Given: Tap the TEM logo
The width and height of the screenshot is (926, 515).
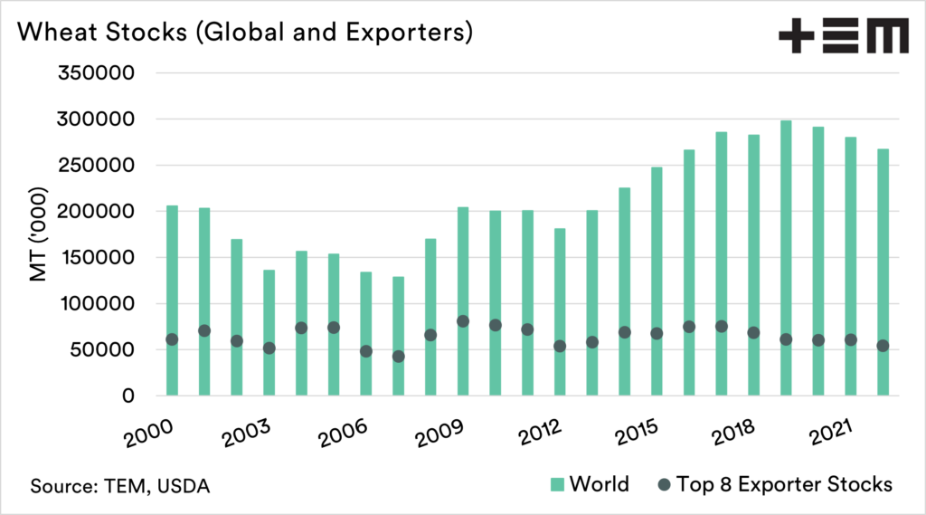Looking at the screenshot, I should click(843, 37).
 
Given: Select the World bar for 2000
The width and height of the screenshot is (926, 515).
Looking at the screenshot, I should click(172, 300).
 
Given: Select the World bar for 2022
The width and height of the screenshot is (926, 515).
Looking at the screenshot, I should click(883, 272).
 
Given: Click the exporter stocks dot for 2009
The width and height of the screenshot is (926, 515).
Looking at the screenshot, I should click(463, 321).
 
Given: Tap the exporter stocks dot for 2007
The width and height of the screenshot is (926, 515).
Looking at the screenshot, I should click(398, 357).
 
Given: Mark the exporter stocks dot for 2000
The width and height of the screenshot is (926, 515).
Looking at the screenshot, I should click(172, 339).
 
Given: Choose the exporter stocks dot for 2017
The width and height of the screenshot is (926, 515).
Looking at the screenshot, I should click(722, 326).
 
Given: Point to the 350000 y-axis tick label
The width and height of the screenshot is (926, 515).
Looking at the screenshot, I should click(95, 73).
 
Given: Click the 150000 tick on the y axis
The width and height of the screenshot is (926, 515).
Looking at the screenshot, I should click(95, 258).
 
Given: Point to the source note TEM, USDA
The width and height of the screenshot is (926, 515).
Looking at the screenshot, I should click(119, 486).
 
